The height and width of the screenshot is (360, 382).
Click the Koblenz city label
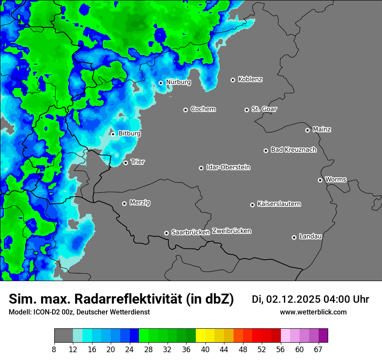point(250,79)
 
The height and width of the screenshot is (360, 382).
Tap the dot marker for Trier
point(125,163)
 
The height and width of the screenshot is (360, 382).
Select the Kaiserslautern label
point(279,204)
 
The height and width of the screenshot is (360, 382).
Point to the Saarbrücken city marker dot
point(166,233)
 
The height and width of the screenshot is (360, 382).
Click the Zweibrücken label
point(232,231)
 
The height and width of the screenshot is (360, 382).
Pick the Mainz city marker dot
point(307,130)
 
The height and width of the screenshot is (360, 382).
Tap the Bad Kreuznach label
point(294,150)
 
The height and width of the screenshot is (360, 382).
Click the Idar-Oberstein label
point(228,167)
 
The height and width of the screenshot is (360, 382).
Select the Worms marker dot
point(320,180)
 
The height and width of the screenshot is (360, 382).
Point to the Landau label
point(310,236)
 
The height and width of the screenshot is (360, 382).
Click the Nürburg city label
point(178,82)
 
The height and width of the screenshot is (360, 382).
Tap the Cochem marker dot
point(185,110)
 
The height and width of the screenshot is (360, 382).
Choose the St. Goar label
point(264,109)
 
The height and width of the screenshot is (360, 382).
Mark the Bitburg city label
point(130,134)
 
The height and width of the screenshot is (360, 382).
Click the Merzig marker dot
point(124,203)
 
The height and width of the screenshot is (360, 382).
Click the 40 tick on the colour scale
point(205,350)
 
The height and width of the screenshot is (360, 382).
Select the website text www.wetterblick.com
point(313,312)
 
